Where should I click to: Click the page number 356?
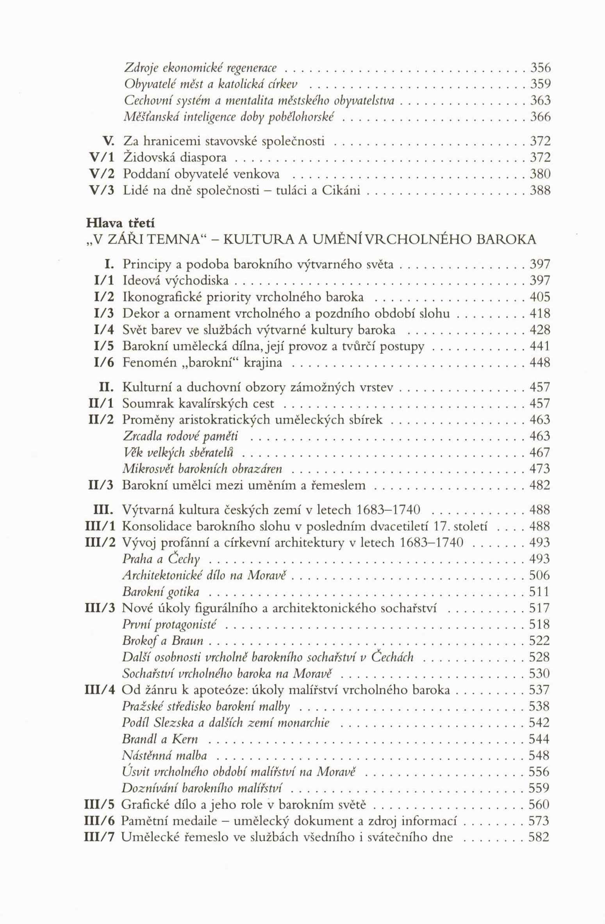(x=540, y=68)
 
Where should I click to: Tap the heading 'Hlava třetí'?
(x=120, y=223)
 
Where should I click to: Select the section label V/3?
(x=102, y=190)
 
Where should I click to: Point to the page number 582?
(x=539, y=837)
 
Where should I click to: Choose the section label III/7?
(x=100, y=837)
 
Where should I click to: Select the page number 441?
(x=539, y=346)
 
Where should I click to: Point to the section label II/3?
(x=101, y=485)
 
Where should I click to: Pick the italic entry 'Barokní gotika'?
(x=161, y=592)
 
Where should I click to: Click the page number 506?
(x=539, y=575)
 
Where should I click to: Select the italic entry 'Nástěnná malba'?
(x=164, y=755)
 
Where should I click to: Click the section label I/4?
(x=104, y=330)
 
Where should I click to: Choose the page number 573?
(x=539, y=821)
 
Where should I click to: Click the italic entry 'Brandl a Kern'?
(x=160, y=739)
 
